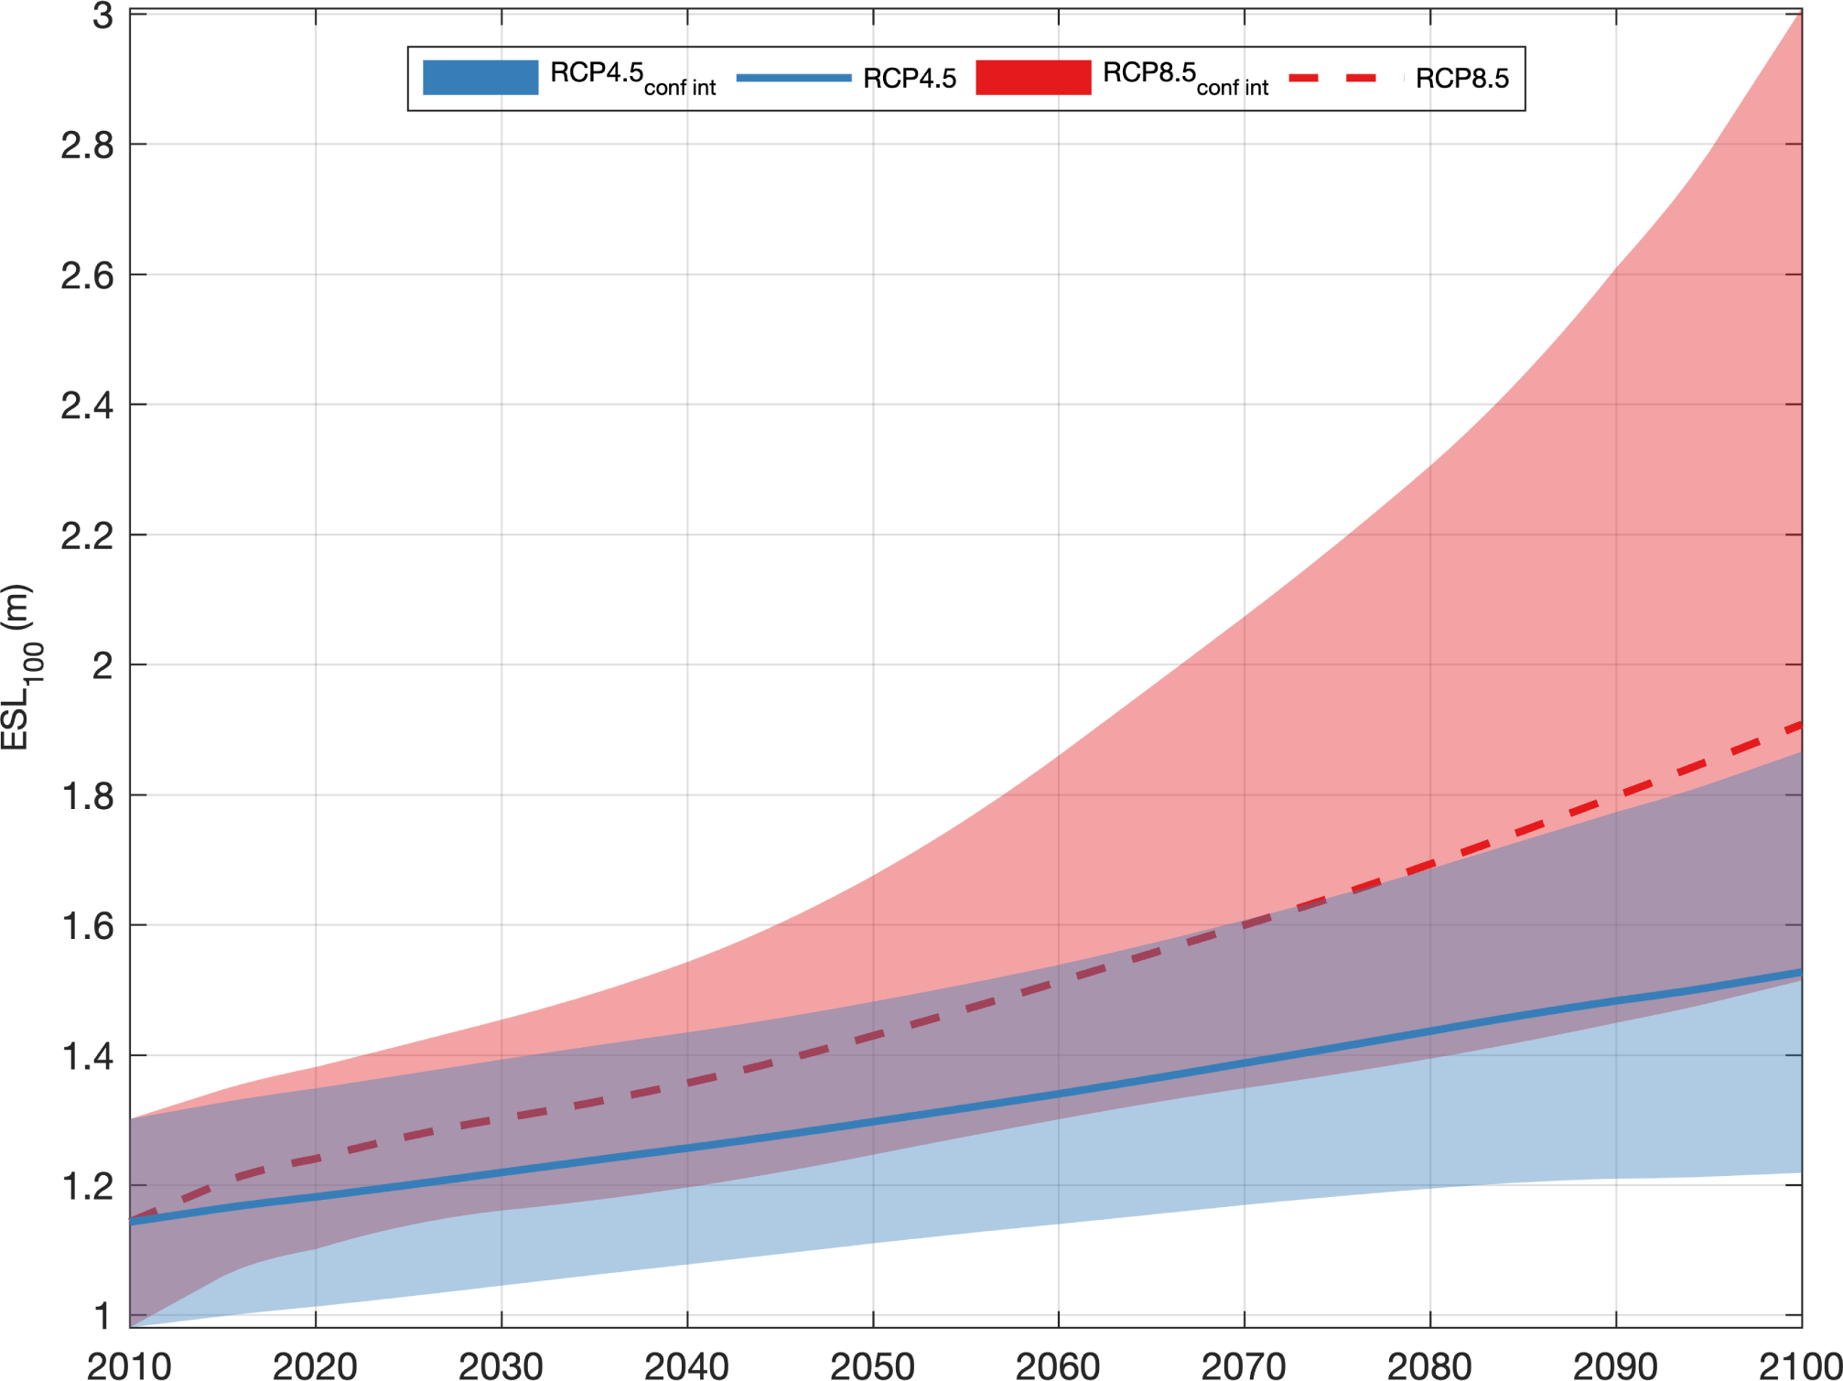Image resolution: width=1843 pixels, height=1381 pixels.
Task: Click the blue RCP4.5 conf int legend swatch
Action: (x=480, y=78)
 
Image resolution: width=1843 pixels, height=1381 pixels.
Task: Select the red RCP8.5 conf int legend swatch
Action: (x=1033, y=78)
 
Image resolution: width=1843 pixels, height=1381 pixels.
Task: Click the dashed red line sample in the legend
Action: (x=1345, y=78)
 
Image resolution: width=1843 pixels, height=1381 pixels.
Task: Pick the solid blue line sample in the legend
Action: (x=793, y=78)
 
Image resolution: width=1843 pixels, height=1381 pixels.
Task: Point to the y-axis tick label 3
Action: (x=102, y=16)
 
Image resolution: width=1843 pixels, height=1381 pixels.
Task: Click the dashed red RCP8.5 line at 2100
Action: (x=1798, y=726)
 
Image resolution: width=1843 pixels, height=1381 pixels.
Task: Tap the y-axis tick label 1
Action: (x=102, y=1316)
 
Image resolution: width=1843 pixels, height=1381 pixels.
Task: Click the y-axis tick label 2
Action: (x=102, y=665)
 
